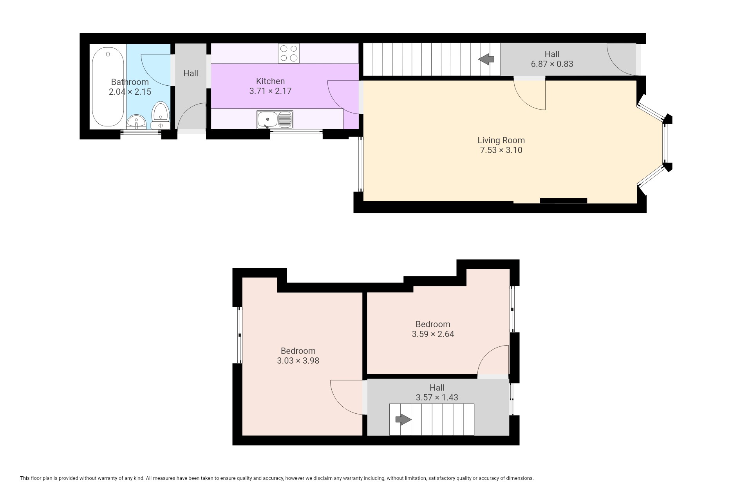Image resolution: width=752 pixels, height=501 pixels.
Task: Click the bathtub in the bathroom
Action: [x=108, y=87]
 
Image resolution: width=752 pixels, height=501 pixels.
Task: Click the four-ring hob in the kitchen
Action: [x=289, y=53]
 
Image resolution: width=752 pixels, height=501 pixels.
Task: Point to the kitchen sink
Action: [x=275, y=119]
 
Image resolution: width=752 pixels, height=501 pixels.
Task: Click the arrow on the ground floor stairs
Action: [x=486, y=59]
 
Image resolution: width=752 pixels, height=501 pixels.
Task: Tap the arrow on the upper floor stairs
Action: [x=403, y=420]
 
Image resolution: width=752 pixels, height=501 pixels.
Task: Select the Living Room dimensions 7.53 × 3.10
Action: [x=501, y=150]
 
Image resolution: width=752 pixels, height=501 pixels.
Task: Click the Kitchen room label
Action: [x=270, y=81]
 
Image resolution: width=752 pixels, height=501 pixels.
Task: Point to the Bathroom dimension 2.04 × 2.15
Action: [x=130, y=92]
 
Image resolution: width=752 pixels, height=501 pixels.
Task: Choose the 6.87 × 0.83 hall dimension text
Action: [x=552, y=64]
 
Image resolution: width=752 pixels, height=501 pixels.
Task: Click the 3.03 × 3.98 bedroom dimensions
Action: [x=298, y=360]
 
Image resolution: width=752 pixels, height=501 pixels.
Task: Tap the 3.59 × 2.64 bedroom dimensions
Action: [x=433, y=334]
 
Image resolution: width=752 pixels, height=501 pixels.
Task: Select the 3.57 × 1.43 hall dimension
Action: [x=437, y=397]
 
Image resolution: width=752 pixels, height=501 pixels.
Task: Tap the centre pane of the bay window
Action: [x=665, y=143]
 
